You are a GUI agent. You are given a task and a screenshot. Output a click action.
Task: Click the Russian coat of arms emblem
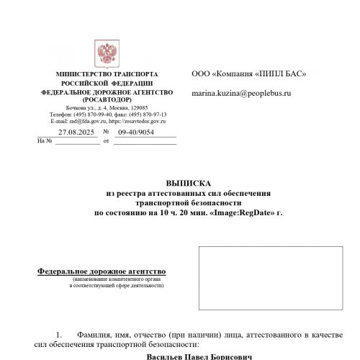(107, 54)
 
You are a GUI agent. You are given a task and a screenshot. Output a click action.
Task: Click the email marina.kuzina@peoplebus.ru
(241, 94)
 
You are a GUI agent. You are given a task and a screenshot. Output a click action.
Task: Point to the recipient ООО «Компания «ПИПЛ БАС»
(249, 74)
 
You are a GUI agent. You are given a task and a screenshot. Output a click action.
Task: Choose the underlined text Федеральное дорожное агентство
(101, 271)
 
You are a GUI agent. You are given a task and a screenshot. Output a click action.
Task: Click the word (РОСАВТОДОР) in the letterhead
(107, 101)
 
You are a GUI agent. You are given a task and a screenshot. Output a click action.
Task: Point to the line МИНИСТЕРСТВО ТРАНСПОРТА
(107, 75)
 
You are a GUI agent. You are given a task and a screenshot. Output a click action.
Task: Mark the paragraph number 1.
(60, 335)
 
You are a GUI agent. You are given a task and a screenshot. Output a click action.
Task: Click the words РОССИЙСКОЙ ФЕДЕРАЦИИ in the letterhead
(107, 84)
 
